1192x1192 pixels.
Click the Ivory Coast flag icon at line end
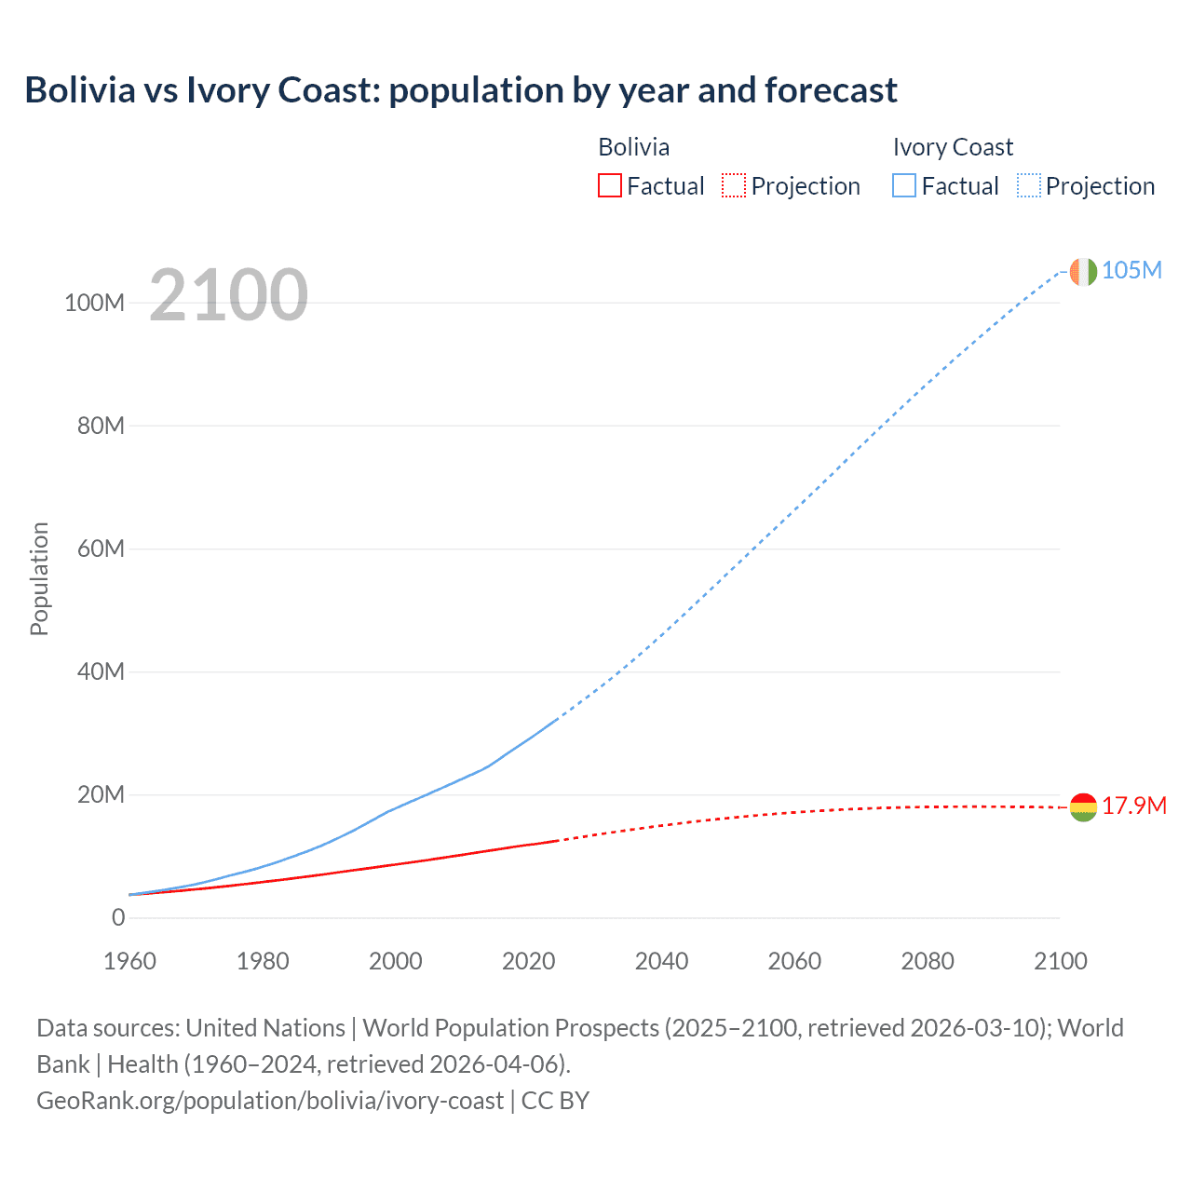pyautogui.click(x=1083, y=271)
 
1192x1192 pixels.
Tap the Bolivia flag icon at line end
pyautogui.click(x=1083, y=806)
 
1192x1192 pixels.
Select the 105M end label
pyautogui.click(x=1131, y=271)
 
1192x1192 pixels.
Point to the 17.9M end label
pyautogui.click(x=1133, y=806)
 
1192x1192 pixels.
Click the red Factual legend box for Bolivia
pyautogui.click(x=609, y=186)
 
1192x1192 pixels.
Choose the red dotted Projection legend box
pyautogui.click(x=734, y=186)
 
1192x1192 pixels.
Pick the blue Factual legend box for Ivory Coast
pyautogui.click(x=904, y=186)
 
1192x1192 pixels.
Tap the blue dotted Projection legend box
pyautogui.click(x=1029, y=186)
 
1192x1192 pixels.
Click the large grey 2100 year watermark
pyautogui.click(x=228, y=295)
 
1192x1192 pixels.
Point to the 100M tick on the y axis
pyautogui.click(x=94, y=304)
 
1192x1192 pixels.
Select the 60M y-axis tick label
pyautogui.click(x=101, y=549)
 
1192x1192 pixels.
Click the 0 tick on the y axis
pyautogui.click(x=118, y=918)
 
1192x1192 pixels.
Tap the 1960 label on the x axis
pyautogui.click(x=129, y=962)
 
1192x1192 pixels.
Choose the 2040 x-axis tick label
pyautogui.click(x=661, y=962)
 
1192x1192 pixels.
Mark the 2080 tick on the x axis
pyautogui.click(x=928, y=962)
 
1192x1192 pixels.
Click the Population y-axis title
pyautogui.click(x=39, y=578)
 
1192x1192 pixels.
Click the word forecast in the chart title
pyautogui.click(x=831, y=90)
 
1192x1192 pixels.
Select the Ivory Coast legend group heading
pyautogui.click(x=953, y=147)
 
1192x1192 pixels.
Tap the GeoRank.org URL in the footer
pyautogui.click(x=270, y=1101)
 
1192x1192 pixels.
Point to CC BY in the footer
pyautogui.click(x=556, y=1101)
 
